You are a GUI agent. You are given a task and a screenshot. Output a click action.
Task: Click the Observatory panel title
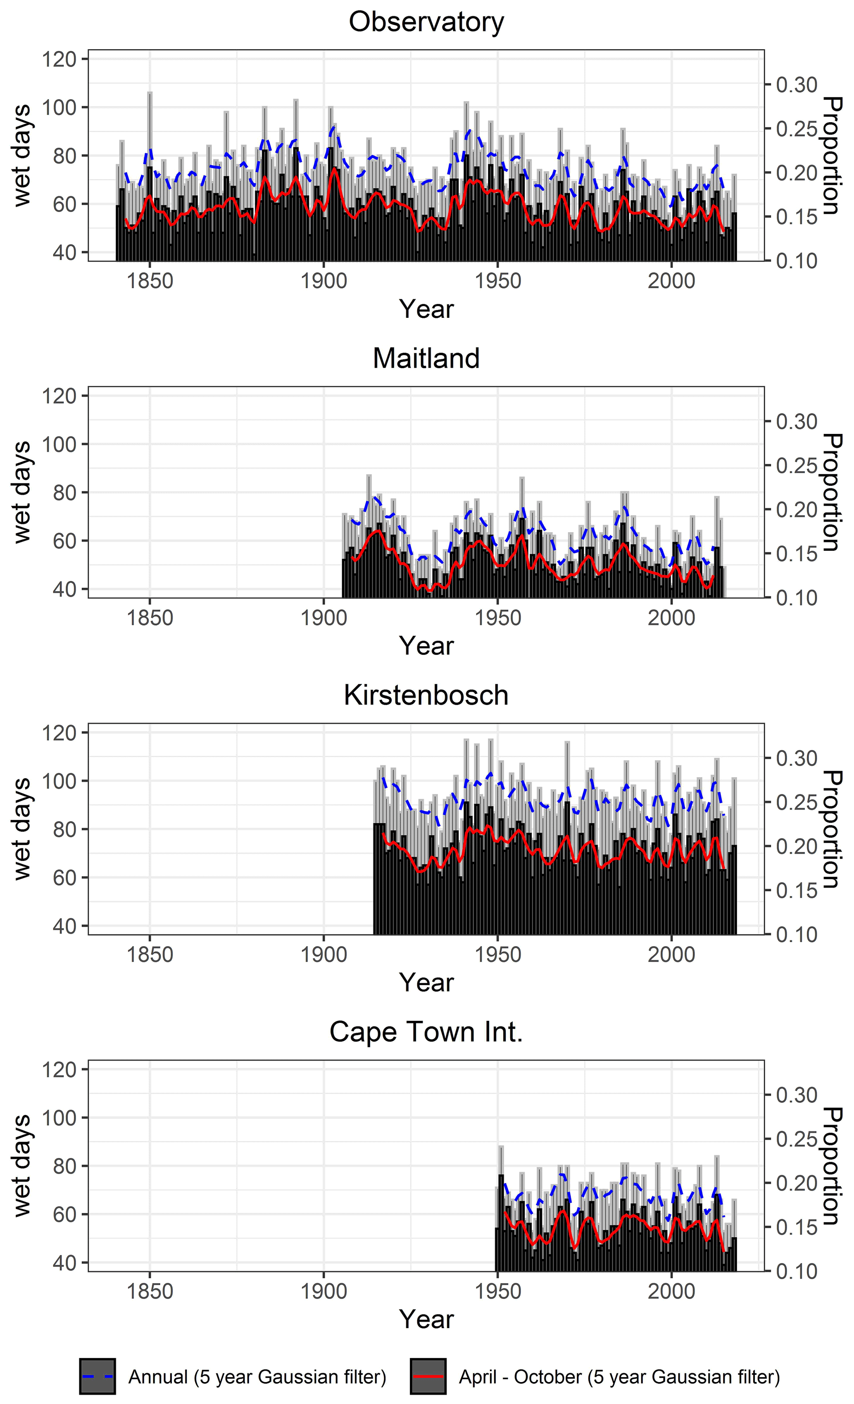[x=426, y=22]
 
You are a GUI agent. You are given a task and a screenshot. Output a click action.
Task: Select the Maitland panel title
[x=426, y=358]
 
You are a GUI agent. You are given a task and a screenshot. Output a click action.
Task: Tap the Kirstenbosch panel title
[x=426, y=695]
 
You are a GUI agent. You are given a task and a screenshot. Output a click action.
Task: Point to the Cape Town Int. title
[x=426, y=1032]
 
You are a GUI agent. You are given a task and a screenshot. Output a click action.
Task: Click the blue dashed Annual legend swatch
[x=98, y=1377]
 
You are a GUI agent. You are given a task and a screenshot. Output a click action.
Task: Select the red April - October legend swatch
[x=428, y=1377]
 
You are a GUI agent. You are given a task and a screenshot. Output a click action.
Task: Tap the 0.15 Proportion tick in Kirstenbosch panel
[x=797, y=890]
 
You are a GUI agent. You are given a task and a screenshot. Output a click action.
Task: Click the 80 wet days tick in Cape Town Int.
[x=64, y=1166]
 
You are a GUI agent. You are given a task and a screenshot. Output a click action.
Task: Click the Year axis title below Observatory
[x=426, y=309]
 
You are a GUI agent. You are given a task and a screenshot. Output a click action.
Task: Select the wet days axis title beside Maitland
[x=21, y=492]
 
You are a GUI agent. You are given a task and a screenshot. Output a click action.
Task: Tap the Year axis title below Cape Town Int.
[x=426, y=1320]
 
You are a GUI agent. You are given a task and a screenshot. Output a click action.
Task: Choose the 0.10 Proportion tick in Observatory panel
[x=797, y=261]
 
